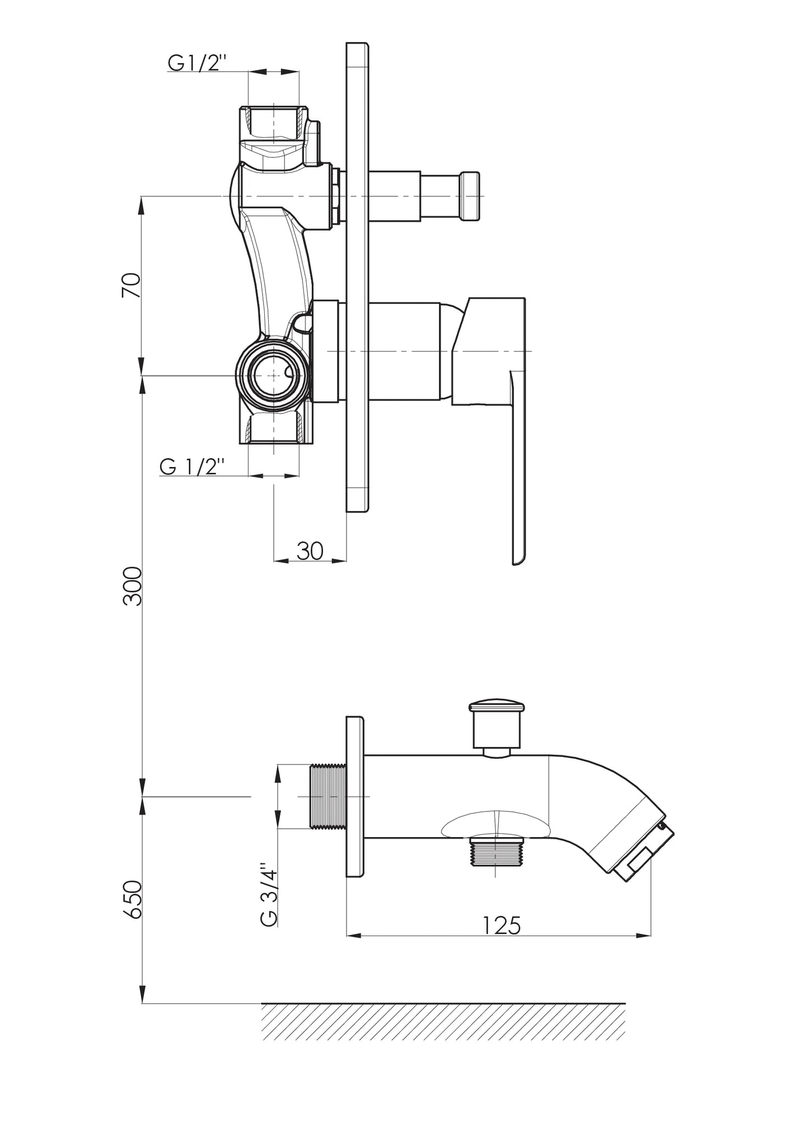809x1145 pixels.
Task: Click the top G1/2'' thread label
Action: (x=196, y=63)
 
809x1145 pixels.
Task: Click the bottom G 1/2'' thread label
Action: (x=192, y=466)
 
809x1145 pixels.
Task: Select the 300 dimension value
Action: (x=133, y=586)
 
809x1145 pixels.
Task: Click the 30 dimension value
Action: (x=310, y=551)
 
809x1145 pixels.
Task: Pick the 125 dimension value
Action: (x=502, y=926)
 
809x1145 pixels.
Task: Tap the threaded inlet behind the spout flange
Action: (x=328, y=796)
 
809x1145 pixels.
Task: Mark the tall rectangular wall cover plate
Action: (x=358, y=277)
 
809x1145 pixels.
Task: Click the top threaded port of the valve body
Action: (x=274, y=123)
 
